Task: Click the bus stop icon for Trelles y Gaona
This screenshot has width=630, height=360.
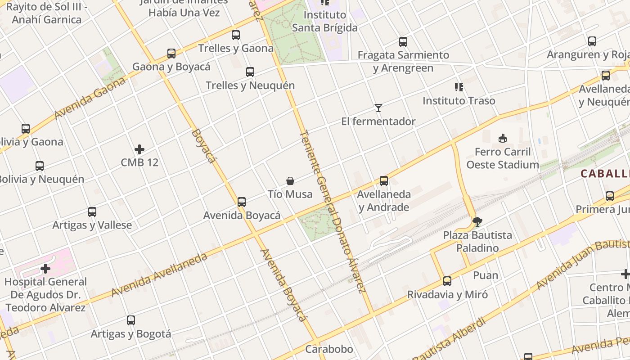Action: (236, 35)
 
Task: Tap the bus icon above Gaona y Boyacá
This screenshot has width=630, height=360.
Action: (171, 54)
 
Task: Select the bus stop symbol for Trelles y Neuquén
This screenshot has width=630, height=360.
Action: (250, 72)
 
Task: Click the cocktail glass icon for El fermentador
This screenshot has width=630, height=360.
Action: (378, 108)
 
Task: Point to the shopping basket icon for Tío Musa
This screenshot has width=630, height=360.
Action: (290, 181)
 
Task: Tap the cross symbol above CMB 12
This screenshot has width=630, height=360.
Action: (139, 149)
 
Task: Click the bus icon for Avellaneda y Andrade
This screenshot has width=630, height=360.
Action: (384, 181)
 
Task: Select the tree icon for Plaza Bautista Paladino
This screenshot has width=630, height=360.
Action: (477, 221)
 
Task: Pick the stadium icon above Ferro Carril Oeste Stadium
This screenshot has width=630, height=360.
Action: (503, 138)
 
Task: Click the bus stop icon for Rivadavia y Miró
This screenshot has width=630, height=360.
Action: (447, 281)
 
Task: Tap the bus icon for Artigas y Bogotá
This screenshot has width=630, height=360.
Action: (131, 320)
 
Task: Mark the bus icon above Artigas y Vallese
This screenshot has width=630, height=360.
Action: (92, 212)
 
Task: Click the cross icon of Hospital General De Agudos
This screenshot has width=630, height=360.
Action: (45, 269)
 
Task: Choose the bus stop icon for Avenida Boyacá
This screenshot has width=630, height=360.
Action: (242, 202)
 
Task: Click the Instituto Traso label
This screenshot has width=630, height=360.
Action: (459, 101)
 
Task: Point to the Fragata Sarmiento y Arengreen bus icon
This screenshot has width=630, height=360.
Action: (403, 42)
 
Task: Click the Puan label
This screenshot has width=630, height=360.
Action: (486, 275)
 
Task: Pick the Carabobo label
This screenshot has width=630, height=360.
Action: (329, 349)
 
